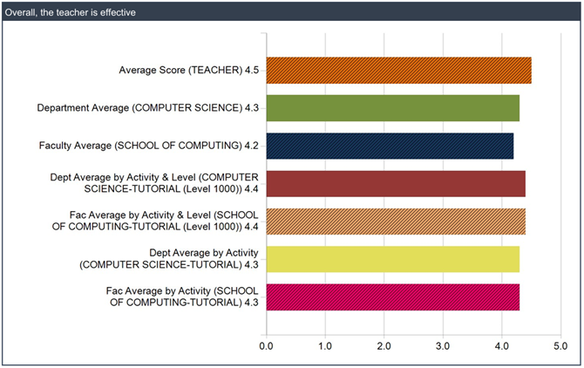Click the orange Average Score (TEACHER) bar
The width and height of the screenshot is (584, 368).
[398, 70]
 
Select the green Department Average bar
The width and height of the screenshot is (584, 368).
[392, 108]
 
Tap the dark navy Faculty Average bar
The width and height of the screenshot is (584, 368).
[390, 146]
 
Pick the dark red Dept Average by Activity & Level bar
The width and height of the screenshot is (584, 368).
[396, 184]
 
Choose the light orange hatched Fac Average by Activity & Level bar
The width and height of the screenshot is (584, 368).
[396, 221]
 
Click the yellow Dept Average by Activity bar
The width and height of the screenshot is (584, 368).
[392, 259]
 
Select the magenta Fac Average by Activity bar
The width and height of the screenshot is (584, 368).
[392, 296]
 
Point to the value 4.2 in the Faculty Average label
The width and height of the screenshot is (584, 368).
[250, 146]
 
